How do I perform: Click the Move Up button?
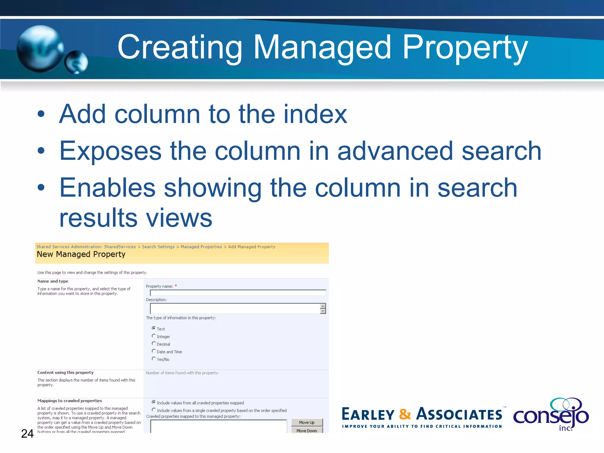point(307,422)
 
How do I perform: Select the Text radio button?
point(154,328)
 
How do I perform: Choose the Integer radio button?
point(154,336)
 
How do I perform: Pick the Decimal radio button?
point(154,343)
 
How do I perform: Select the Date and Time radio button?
point(154,351)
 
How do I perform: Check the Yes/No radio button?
point(154,359)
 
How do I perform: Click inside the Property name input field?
point(238,293)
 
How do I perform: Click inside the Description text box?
point(235,308)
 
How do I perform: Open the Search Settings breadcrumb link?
point(158,247)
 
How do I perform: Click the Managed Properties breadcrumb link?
point(201,247)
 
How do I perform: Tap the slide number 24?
point(27,434)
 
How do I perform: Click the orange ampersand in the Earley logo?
point(405,414)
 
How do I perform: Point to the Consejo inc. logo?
point(551,414)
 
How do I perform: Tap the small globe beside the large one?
point(76,62)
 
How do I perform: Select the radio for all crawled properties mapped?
point(154,402)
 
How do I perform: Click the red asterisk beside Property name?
point(176,286)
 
